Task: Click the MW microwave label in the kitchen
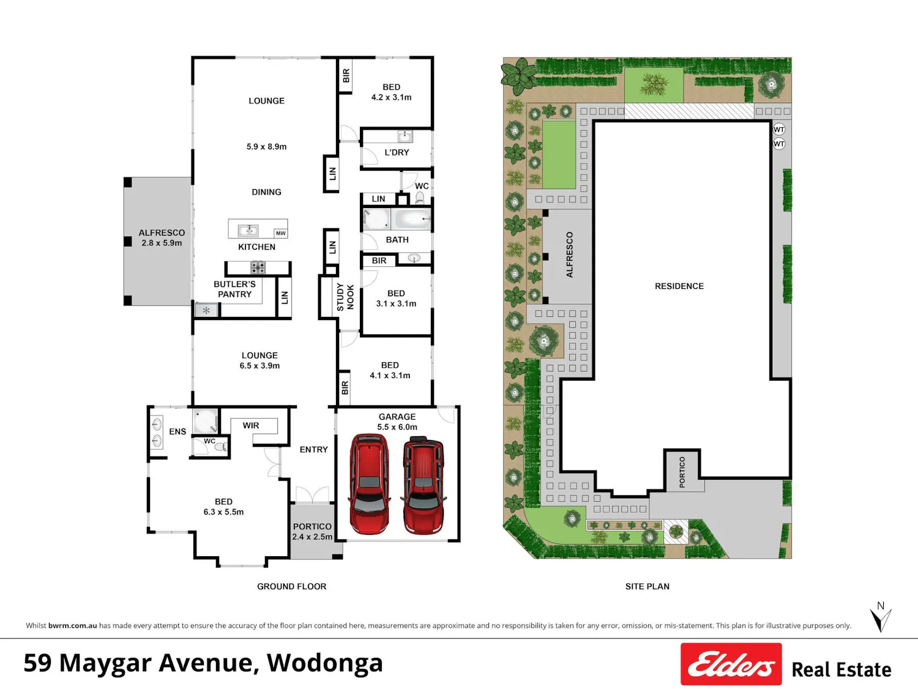click(281, 233)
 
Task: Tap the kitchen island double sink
click(248, 230)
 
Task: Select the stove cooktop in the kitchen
click(258, 267)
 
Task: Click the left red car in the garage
click(369, 484)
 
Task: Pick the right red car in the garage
click(423, 485)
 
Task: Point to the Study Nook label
click(345, 297)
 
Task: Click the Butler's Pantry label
click(234, 289)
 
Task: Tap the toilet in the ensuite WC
click(220, 447)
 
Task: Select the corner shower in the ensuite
click(206, 421)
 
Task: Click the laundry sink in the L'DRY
click(405, 136)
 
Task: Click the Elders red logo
click(731, 664)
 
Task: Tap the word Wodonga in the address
click(324, 663)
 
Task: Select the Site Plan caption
click(647, 587)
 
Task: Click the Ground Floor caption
click(291, 587)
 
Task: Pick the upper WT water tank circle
click(778, 129)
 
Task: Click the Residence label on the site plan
click(679, 286)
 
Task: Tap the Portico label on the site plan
click(682, 472)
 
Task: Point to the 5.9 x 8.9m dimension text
click(266, 147)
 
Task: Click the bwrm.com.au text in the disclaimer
click(73, 625)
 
